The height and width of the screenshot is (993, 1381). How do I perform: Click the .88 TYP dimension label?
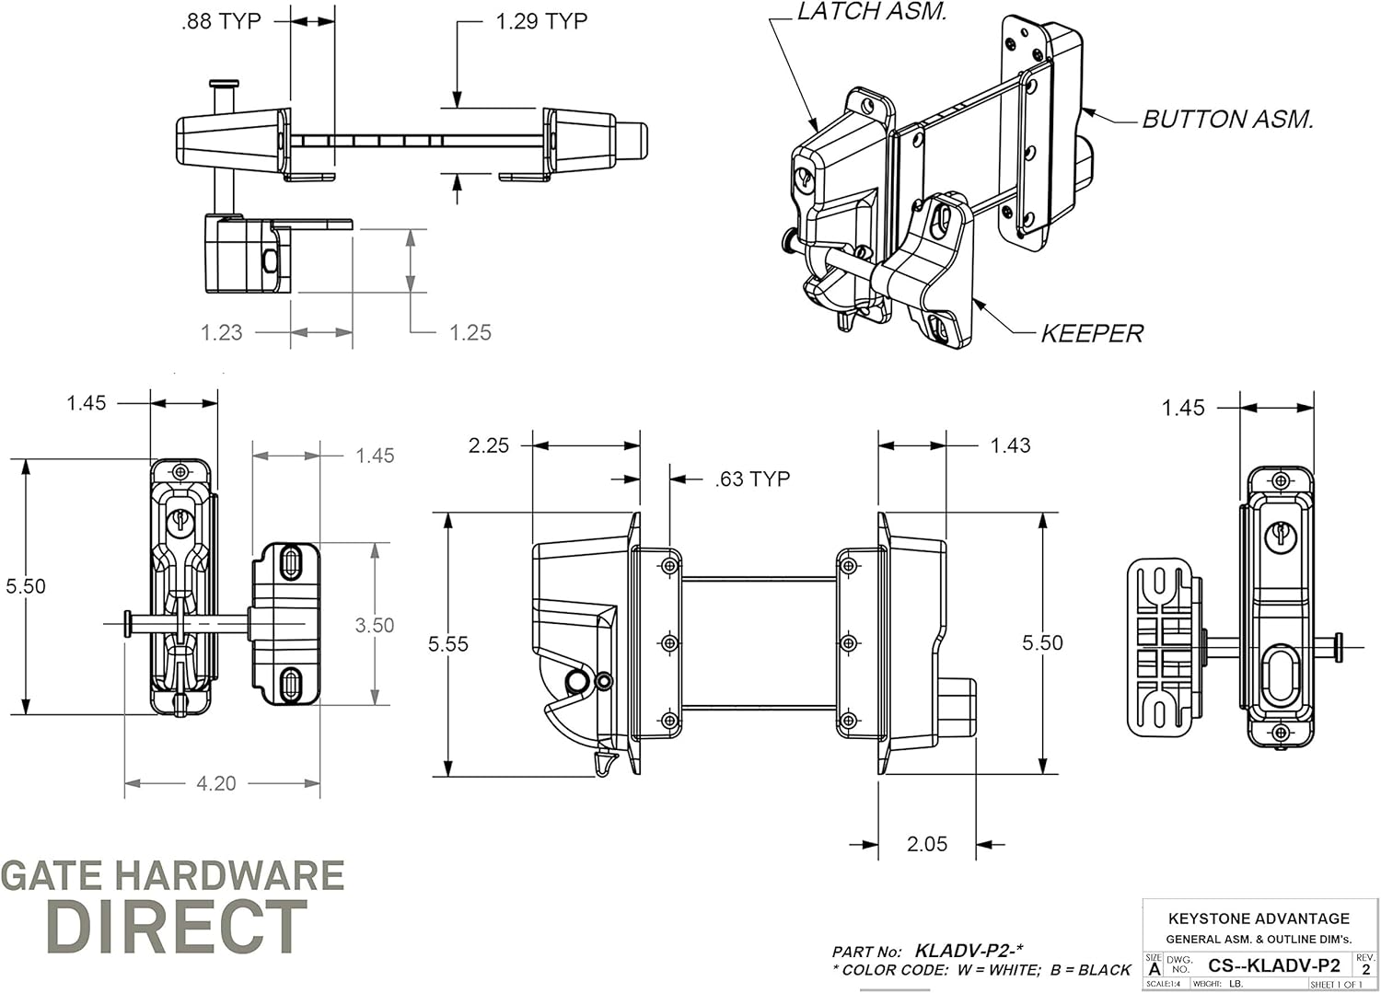(221, 21)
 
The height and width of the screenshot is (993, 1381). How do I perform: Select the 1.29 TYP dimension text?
(541, 21)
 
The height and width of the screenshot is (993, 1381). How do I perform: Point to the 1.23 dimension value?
(222, 332)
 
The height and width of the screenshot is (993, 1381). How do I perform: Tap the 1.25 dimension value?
(470, 332)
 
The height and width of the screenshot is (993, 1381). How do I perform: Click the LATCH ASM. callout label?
(871, 12)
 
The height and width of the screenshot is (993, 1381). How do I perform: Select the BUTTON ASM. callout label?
(1227, 120)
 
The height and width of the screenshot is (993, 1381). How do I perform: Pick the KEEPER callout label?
(1092, 333)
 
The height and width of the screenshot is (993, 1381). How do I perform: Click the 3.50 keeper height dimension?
(375, 626)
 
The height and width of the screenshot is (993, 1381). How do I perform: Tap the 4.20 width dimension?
(216, 783)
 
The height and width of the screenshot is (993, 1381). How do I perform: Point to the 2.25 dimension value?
(488, 445)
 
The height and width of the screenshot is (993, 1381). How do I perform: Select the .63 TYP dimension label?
(752, 479)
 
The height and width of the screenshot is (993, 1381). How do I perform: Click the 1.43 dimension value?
(1010, 445)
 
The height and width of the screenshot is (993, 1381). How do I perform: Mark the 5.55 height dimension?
(448, 644)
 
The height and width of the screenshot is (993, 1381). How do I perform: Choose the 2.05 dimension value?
(926, 844)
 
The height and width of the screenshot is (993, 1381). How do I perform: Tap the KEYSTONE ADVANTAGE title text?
(1259, 918)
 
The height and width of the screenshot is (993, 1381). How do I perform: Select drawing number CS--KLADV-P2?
(1273, 965)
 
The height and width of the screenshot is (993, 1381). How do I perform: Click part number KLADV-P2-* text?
(969, 951)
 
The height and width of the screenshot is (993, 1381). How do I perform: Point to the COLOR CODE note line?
(981, 970)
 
